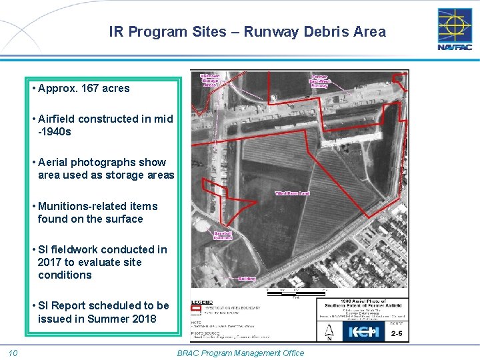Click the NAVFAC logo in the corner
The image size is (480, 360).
click(454, 29)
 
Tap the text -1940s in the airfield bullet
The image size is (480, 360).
click(55, 131)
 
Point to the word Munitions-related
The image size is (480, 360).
click(81, 206)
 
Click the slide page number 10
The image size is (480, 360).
click(13, 353)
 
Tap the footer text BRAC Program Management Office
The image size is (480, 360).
click(240, 353)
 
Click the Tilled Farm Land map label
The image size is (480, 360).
click(293, 193)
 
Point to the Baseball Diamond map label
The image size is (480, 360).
click(223, 235)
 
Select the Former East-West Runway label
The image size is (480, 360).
click(320, 81)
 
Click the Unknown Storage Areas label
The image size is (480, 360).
click(209, 81)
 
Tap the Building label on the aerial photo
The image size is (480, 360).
click(247, 278)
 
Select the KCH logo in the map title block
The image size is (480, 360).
click(364, 331)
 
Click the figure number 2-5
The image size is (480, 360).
click(397, 333)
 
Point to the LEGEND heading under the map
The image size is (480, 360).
click(201, 302)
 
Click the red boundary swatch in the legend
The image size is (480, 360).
click(196, 309)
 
